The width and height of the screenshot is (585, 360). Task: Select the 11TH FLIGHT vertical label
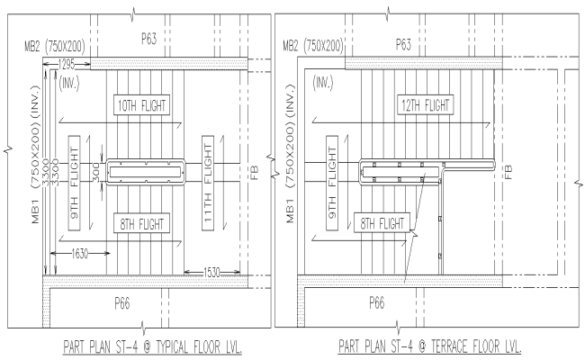[209, 171]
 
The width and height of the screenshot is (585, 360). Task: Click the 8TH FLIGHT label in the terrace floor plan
[382, 222]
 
